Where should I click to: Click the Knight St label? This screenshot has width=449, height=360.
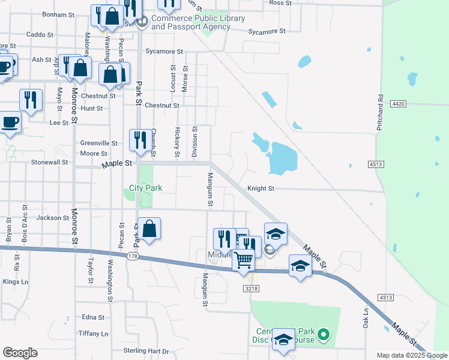click(x=262, y=188)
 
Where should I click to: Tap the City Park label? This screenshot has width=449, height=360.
click(x=146, y=188)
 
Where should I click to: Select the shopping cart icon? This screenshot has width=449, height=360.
click(x=244, y=260)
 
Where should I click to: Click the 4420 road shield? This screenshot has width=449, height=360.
click(x=398, y=104)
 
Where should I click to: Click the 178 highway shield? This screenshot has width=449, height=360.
click(x=133, y=256)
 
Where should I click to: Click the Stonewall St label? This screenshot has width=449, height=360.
click(x=50, y=162)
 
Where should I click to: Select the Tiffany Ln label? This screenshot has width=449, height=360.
click(x=93, y=334)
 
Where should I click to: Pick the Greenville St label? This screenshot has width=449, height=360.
click(x=99, y=143)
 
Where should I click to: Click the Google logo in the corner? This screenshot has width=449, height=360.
click(x=20, y=353)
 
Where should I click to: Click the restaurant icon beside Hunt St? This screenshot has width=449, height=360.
click(x=31, y=99)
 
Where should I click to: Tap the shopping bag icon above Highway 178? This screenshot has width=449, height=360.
click(x=149, y=228)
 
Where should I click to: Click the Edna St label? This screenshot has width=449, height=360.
click(x=93, y=317)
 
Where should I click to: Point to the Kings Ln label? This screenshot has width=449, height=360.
click(x=15, y=281)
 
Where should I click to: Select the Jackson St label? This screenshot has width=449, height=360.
click(x=53, y=218)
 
